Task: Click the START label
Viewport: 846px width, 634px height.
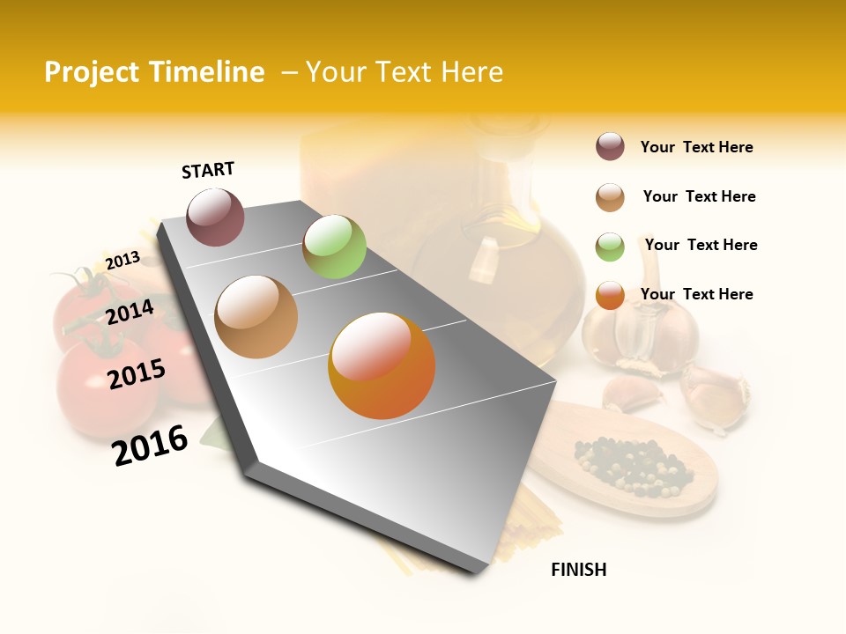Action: [x=208, y=170]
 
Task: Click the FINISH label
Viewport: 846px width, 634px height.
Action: [x=578, y=570]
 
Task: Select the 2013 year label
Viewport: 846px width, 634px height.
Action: [x=122, y=260]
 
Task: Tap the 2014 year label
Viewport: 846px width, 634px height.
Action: [x=130, y=312]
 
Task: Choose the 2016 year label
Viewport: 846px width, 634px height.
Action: [x=150, y=445]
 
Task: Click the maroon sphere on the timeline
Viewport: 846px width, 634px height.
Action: [x=215, y=217]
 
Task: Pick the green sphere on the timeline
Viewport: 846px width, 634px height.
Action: [x=334, y=246]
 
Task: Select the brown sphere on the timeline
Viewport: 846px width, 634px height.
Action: [x=256, y=317]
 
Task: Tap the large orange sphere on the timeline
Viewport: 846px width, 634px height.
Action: [x=382, y=365]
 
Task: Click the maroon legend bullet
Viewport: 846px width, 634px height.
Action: [x=610, y=147]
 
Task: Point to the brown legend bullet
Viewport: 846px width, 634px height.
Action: [x=610, y=197]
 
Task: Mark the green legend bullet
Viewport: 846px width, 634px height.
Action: [x=610, y=247]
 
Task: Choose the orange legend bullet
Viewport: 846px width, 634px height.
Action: [x=610, y=296]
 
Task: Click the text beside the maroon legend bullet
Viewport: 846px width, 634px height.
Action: [x=696, y=147]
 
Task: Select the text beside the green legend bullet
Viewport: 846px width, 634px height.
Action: [x=701, y=245]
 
